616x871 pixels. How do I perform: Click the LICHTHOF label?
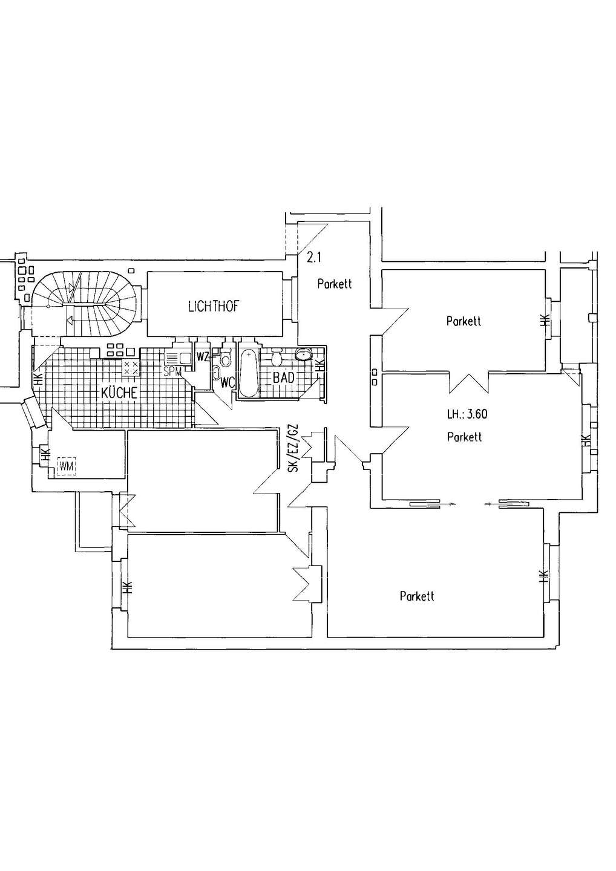[213, 307]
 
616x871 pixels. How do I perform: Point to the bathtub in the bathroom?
[247, 374]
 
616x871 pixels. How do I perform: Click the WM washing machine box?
[67, 466]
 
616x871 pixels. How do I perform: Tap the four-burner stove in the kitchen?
[131, 368]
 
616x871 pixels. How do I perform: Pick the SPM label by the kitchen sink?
[172, 371]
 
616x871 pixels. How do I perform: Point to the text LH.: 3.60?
[467, 414]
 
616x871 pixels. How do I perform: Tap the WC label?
[226, 382]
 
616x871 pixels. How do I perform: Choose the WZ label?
[202, 356]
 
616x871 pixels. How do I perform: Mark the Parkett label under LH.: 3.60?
[464, 437]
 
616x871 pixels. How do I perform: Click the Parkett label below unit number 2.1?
[335, 284]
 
